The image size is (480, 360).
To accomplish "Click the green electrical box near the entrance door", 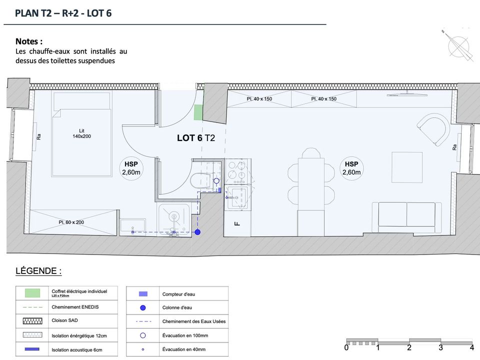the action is click(198, 112).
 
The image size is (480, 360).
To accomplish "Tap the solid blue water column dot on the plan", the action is click(198, 232).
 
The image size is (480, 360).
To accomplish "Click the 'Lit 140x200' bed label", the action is click(81, 133).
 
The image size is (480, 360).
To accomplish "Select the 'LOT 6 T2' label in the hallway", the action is click(196, 138).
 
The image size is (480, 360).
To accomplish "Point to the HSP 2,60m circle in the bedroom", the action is click(131, 168).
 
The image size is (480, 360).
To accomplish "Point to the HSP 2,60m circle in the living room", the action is click(351, 168).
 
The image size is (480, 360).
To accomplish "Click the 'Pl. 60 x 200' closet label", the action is click(71, 222).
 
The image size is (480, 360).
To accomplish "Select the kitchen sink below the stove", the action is click(236, 198).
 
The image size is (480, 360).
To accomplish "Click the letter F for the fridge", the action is click(237, 223).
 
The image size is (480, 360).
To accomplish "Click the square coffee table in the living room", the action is click(407, 167).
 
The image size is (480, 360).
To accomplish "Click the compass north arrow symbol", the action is click(457, 45).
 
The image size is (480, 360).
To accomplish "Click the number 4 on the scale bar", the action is click(472, 347).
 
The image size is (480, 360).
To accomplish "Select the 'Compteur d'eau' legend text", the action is click(178, 294).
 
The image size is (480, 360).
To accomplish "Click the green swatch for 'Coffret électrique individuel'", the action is click(32, 293).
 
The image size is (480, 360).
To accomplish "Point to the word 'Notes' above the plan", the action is click(27, 41).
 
